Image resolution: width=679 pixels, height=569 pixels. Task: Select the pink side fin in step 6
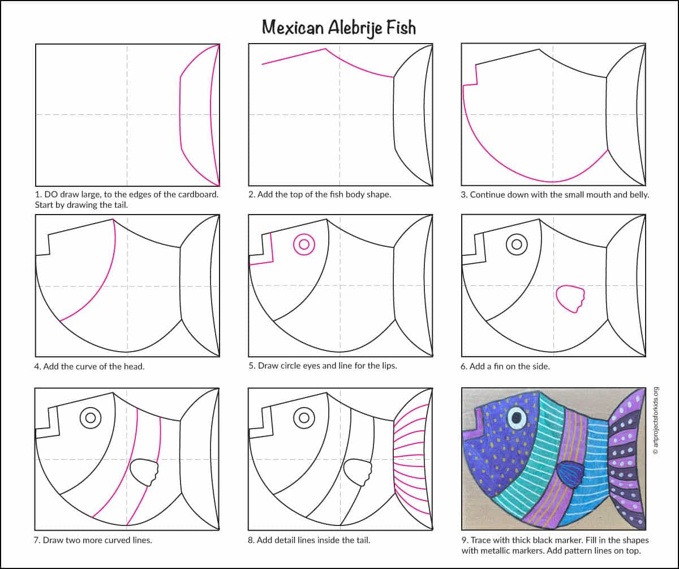tap(570, 299)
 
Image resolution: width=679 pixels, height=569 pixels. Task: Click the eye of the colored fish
tap(517, 417)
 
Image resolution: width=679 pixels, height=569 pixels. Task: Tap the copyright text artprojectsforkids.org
tap(656, 421)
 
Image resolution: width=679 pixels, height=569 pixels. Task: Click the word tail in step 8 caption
tap(362, 540)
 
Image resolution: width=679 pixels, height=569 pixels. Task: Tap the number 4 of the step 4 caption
tap(37, 367)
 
